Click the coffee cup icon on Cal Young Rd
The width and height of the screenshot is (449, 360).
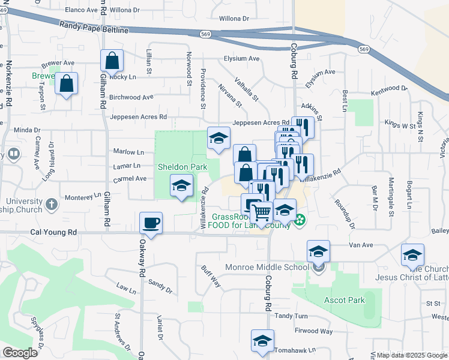tap(151, 223)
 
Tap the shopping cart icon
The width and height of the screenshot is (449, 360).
tap(261, 212)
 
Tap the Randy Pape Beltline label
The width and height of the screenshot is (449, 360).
tap(94, 27)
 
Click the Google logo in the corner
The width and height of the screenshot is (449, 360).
tap(20, 353)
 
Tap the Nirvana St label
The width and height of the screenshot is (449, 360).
tap(231, 95)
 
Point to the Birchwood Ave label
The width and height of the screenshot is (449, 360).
tap(132, 97)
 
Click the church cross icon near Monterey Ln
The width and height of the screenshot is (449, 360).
tap(52, 204)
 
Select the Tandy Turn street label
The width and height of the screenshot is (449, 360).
tap(291, 316)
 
